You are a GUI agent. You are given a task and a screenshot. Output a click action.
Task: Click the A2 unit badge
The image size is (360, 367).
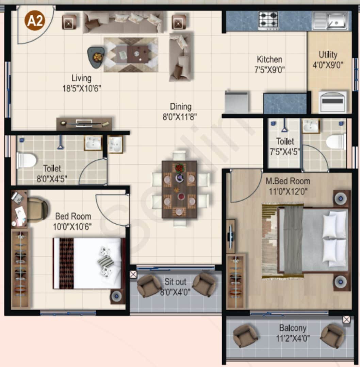point(36,21)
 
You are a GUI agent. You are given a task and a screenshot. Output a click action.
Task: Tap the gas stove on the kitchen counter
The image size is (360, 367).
point(268,20)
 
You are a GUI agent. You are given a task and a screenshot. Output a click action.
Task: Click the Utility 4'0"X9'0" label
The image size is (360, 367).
point(328,59)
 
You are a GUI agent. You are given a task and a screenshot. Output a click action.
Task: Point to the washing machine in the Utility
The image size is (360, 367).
point(333,102)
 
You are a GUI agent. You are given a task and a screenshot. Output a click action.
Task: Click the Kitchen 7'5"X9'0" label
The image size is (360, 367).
point(270,64)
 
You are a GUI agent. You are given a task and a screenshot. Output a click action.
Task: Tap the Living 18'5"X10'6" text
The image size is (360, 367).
point(81,83)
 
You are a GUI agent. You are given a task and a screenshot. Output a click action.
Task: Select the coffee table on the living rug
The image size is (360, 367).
point(132,54)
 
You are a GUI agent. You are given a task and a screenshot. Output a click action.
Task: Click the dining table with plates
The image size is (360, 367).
point(179,189)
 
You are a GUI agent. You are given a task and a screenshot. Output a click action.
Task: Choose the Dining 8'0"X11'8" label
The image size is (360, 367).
point(180,112)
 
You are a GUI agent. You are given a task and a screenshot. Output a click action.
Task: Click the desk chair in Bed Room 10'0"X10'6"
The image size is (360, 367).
point(37,210)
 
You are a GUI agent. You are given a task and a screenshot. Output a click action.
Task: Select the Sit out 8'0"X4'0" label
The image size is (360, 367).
point(176,286)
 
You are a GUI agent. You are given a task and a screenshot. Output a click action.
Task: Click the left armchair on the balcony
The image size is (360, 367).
point(245,336)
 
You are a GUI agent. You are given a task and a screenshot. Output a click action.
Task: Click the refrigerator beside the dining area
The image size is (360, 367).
point(236,102)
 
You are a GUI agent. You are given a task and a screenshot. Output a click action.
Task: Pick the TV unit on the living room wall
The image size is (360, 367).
point(84,124)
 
